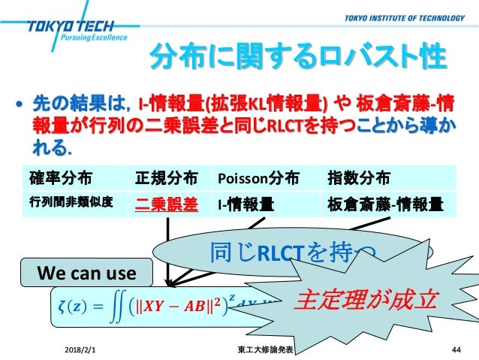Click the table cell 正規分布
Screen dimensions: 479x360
coord(167,179)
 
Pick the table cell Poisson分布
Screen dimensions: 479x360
coord(258,179)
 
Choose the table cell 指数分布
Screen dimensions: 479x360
coord(358,179)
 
